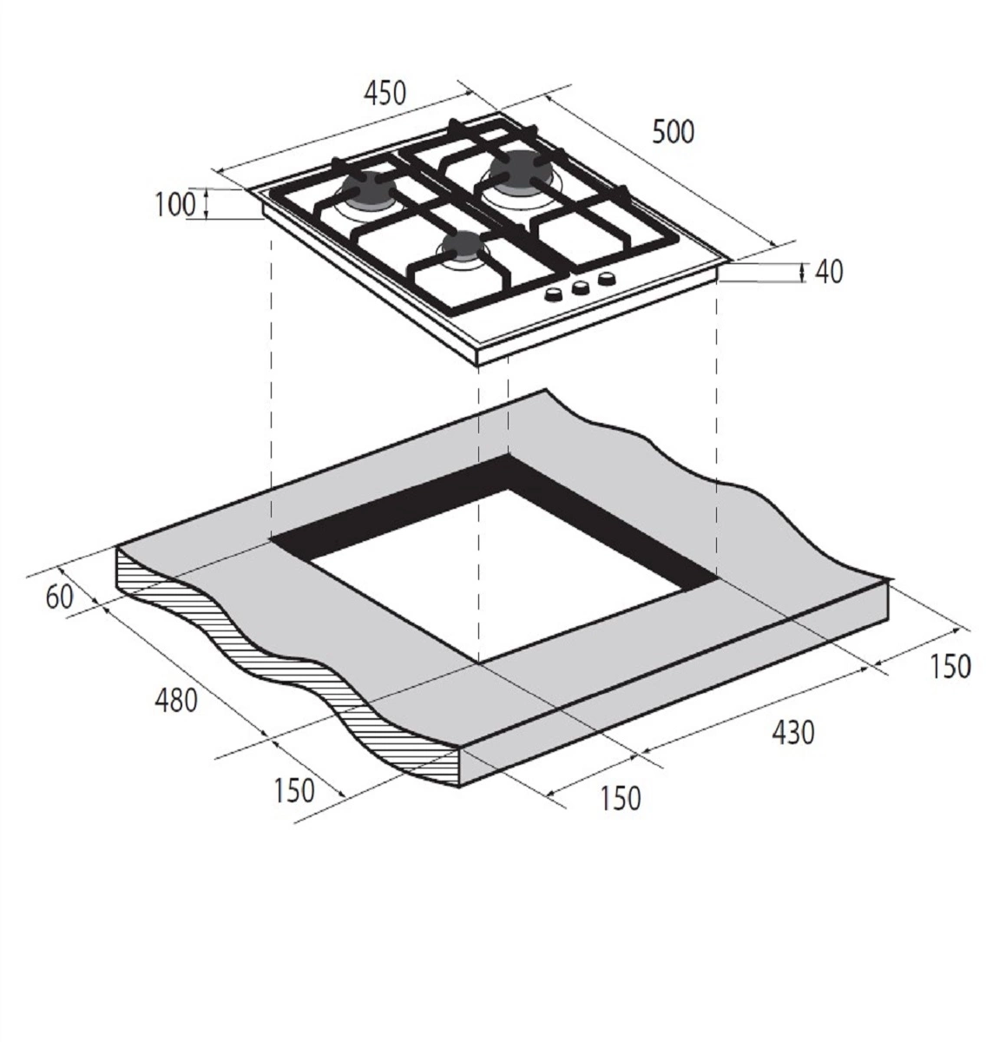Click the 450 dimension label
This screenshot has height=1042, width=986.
[x=385, y=93]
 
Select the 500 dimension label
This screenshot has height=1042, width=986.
[x=673, y=132]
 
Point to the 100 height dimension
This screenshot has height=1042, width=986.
[x=174, y=205]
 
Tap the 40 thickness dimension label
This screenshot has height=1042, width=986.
[x=829, y=272]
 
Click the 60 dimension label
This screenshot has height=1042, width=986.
[x=59, y=597]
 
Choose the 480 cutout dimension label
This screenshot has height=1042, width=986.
[x=176, y=700]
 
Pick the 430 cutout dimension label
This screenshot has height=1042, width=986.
[x=792, y=733]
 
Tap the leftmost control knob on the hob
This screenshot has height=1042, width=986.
[x=555, y=294]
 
